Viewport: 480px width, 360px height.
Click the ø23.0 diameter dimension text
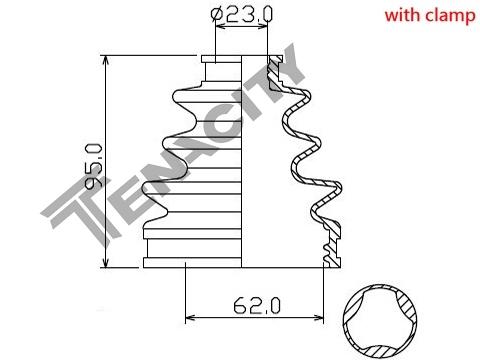[242, 14]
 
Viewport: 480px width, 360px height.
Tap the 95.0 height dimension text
[93, 166]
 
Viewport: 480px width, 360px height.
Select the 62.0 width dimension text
[257, 305]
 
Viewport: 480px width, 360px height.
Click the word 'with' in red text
[401, 15]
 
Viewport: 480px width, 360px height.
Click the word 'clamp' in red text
[449, 16]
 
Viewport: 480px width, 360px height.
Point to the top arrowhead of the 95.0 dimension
[106, 60]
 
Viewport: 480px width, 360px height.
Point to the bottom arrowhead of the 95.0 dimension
[106, 262]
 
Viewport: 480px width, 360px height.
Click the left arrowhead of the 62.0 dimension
[191, 317]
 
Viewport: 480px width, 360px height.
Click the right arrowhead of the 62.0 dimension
[318, 317]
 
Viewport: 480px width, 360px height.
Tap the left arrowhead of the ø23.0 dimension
[220, 27]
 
